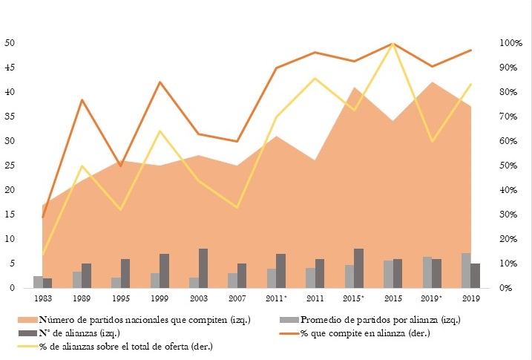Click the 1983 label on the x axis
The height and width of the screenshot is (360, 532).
pos(43,298)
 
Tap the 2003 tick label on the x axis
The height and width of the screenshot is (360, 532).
pos(199,298)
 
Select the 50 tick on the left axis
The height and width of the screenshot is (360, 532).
pos(10,43)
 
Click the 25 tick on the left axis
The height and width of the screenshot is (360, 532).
pos(10,166)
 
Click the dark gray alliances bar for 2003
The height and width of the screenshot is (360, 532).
pos(203,269)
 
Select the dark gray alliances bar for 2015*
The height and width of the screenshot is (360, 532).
pos(359,269)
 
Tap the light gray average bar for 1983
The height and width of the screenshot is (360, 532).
pos(38,282)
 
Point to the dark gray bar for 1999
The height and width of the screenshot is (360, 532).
pos(165,271)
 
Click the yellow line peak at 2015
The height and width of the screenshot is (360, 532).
pos(393,44)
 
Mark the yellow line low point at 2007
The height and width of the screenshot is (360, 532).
pos(237,207)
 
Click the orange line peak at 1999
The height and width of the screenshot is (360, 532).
pos(160,82)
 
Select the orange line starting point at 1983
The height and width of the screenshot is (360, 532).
pos(43,217)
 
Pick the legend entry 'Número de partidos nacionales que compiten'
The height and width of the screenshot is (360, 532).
pos(134,320)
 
